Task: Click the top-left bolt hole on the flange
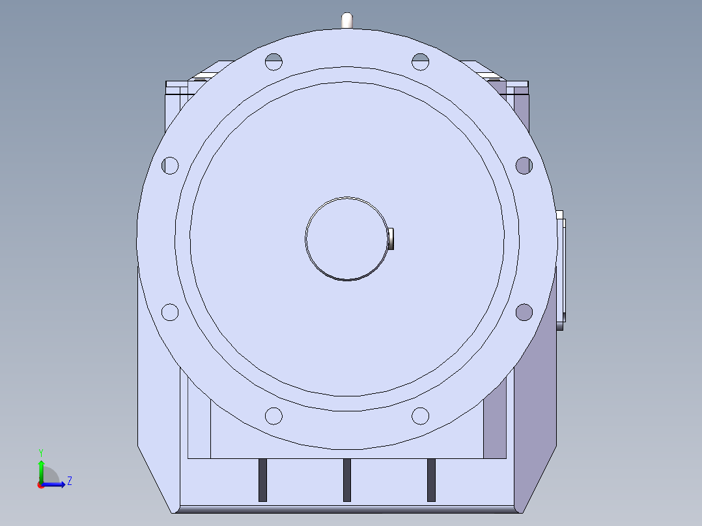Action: coord(274,62)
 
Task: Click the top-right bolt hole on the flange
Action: coord(420,62)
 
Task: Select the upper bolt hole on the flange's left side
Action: coord(170,165)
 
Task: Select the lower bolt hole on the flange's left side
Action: coord(170,312)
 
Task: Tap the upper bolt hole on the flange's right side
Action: coord(524,165)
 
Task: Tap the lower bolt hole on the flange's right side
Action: coord(524,312)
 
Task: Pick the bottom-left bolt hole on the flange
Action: coord(274,416)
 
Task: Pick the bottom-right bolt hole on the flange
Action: coord(420,416)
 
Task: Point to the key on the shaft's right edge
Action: coord(391,239)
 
